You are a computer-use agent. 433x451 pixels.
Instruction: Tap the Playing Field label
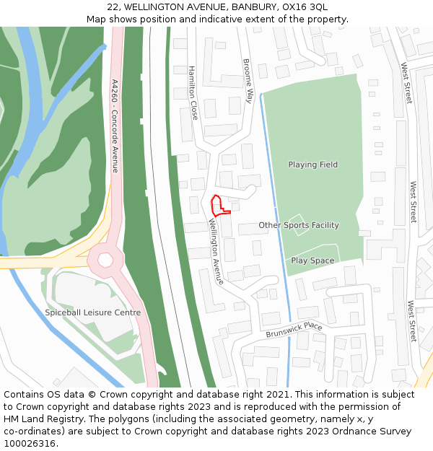click(x=312, y=165)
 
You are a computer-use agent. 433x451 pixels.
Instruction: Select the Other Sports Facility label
click(x=298, y=225)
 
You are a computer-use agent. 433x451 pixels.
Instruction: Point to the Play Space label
click(x=312, y=260)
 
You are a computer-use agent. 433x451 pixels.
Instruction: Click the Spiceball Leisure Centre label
click(x=93, y=312)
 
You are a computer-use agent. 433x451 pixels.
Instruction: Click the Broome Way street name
click(x=248, y=81)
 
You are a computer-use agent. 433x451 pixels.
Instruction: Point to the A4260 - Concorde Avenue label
click(x=114, y=126)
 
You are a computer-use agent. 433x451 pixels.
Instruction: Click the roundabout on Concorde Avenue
click(x=105, y=258)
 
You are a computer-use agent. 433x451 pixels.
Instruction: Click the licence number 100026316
click(x=30, y=444)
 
